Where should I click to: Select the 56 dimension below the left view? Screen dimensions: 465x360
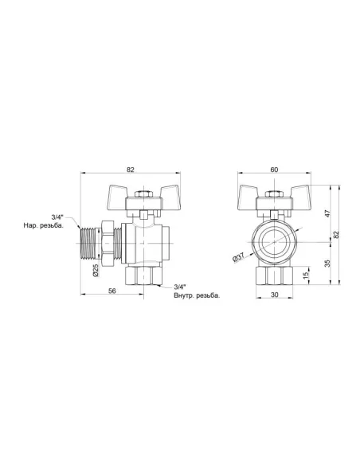114,291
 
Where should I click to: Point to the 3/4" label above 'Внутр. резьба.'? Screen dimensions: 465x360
179,287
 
